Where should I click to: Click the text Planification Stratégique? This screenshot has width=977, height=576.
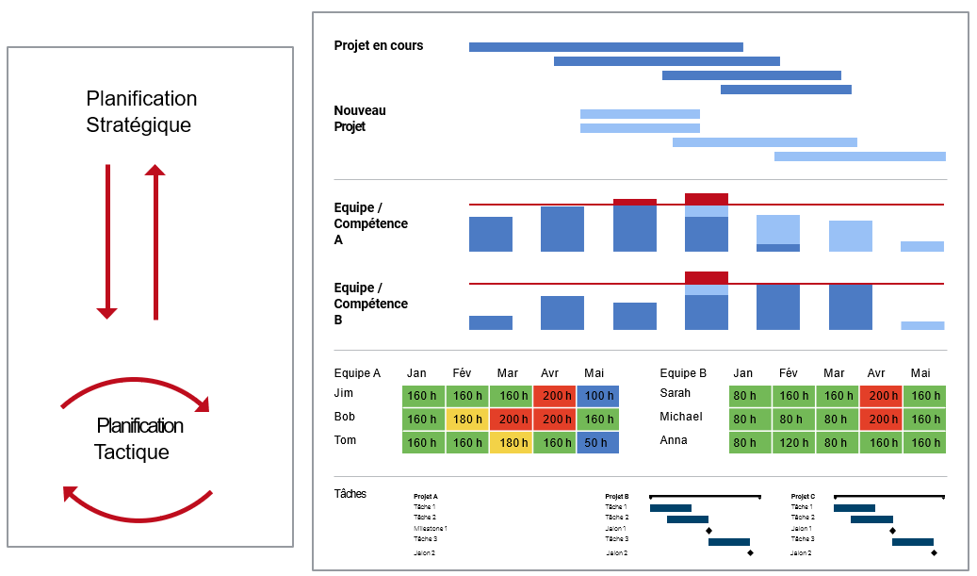pos(141,111)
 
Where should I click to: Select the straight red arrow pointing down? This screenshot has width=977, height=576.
pos(107,241)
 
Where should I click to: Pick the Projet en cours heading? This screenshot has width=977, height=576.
pos(379,45)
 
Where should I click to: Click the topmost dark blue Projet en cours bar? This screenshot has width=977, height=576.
pos(606,47)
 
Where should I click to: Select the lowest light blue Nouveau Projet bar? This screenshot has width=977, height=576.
pos(859,156)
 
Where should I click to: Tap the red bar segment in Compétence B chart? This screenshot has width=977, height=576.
pos(706,277)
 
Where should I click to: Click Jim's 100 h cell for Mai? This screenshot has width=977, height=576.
pos(598,396)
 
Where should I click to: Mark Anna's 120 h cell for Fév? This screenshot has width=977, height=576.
pos(794,442)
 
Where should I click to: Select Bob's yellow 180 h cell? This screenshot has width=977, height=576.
pos(467,420)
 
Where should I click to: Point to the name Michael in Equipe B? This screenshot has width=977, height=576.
pos(681,417)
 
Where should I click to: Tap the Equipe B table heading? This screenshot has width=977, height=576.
pos(683,373)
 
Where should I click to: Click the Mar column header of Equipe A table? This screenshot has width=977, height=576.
pos(507,373)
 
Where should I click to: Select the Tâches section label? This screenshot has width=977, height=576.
pos(350,493)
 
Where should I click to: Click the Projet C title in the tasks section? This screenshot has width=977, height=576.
pos(803,496)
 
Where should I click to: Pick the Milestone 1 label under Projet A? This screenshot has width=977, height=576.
pos(430,528)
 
